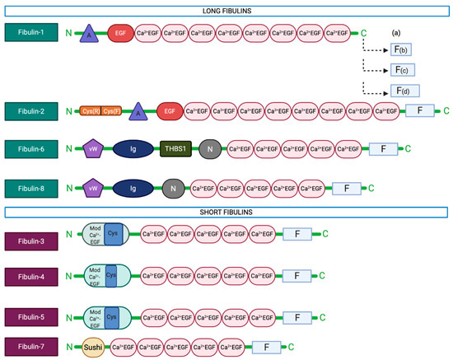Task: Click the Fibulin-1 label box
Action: click(x=32, y=33)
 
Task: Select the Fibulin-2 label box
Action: click(x=32, y=110)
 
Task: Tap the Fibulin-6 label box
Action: click(x=32, y=148)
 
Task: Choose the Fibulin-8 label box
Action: click(x=32, y=188)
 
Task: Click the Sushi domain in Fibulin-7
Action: click(x=93, y=346)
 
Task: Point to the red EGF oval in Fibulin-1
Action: click(x=119, y=33)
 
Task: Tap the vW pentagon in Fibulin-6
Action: click(x=91, y=148)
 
